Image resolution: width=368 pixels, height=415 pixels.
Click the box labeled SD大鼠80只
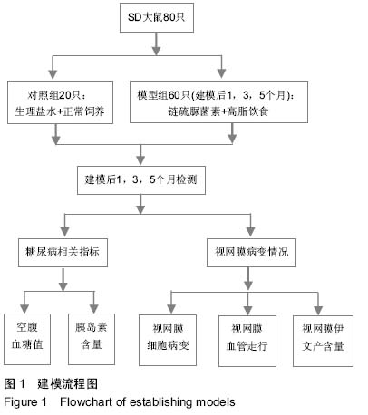157,17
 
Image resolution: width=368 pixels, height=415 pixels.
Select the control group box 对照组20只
60,102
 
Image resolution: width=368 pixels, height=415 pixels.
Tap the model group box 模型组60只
218,101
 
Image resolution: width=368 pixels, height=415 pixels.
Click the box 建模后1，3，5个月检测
141,180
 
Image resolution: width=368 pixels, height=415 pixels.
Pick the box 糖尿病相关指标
63,253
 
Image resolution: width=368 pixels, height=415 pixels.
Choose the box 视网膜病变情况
251,253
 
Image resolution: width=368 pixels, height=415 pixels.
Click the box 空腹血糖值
27,339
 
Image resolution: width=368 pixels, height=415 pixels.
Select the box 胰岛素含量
92,339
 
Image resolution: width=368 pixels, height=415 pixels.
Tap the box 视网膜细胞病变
168,340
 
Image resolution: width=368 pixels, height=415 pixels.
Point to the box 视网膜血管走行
247,341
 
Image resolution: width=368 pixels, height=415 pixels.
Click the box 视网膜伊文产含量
323,341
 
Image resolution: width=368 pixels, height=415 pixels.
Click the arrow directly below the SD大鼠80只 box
156,44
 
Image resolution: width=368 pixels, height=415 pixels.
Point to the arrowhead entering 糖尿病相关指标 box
64,232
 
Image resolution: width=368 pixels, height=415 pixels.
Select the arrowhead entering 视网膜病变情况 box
250,232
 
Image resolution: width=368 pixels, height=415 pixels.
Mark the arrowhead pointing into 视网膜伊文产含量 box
318,310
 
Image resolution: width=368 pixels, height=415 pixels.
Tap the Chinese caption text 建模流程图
68,384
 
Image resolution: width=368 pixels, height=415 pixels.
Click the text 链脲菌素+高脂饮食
218,111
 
